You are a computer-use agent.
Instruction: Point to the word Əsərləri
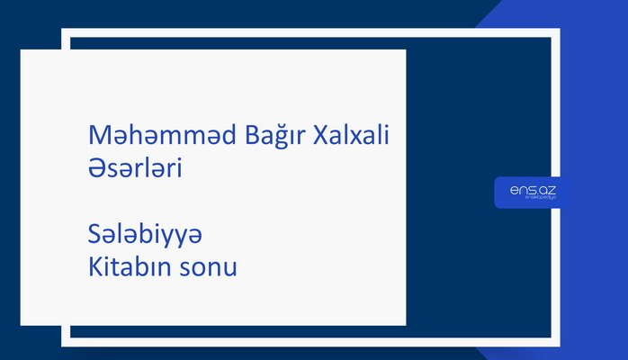(136, 167)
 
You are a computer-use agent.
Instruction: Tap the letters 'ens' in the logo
(520, 190)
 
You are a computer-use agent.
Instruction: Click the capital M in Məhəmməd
(98, 135)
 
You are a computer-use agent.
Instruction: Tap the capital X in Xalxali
(318, 135)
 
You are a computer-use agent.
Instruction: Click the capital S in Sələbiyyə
(94, 235)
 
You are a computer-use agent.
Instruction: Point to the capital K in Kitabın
(94, 267)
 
